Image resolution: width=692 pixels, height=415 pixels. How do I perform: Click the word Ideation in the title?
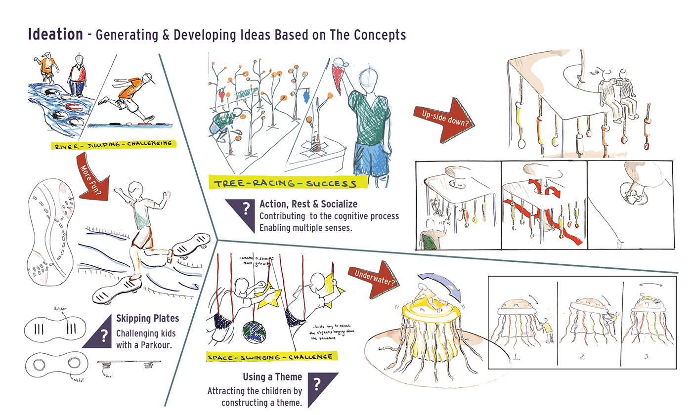pyautogui.click(x=56, y=35)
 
